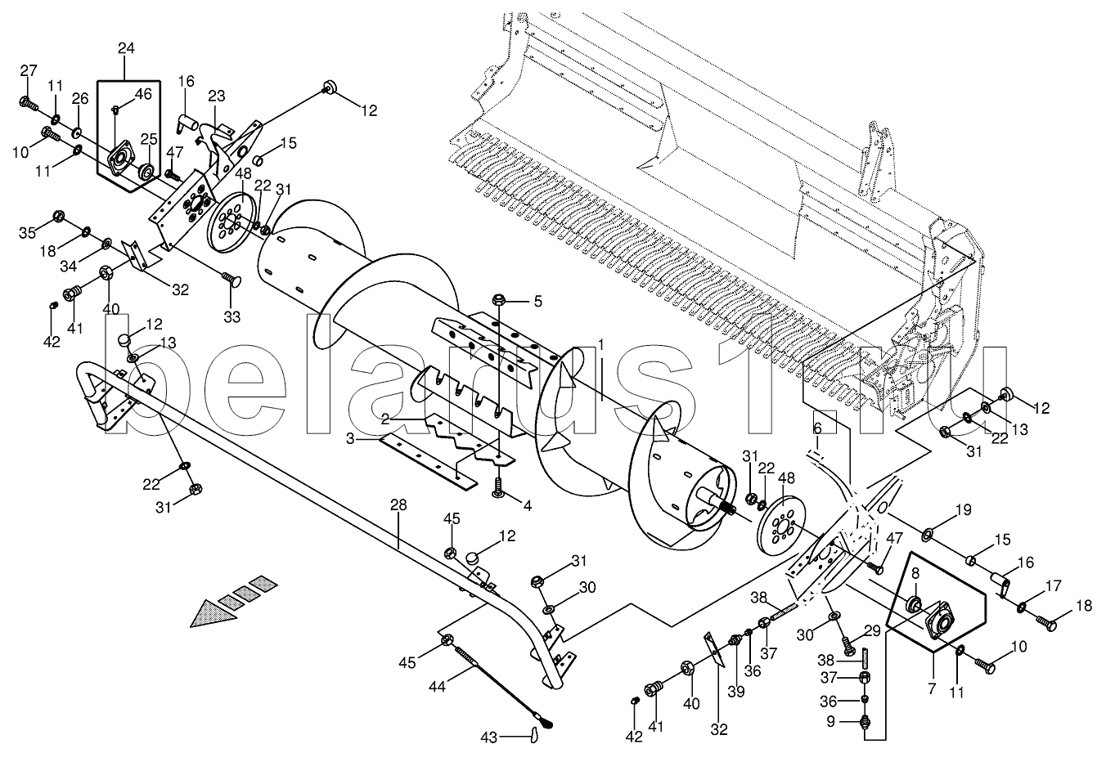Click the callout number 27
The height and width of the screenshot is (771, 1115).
[29, 69]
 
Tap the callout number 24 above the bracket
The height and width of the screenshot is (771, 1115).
[125, 48]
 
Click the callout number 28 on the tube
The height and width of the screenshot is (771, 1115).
[398, 506]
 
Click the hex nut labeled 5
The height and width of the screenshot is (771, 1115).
[497, 302]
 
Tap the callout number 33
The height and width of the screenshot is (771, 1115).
[232, 316]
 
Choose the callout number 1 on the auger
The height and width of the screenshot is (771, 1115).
[601, 344]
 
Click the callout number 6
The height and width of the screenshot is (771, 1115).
[816, 428]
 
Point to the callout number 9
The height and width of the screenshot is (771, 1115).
[832, 721]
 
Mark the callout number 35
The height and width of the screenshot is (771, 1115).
[28, 232]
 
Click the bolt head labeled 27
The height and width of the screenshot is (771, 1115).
[27, 104]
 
